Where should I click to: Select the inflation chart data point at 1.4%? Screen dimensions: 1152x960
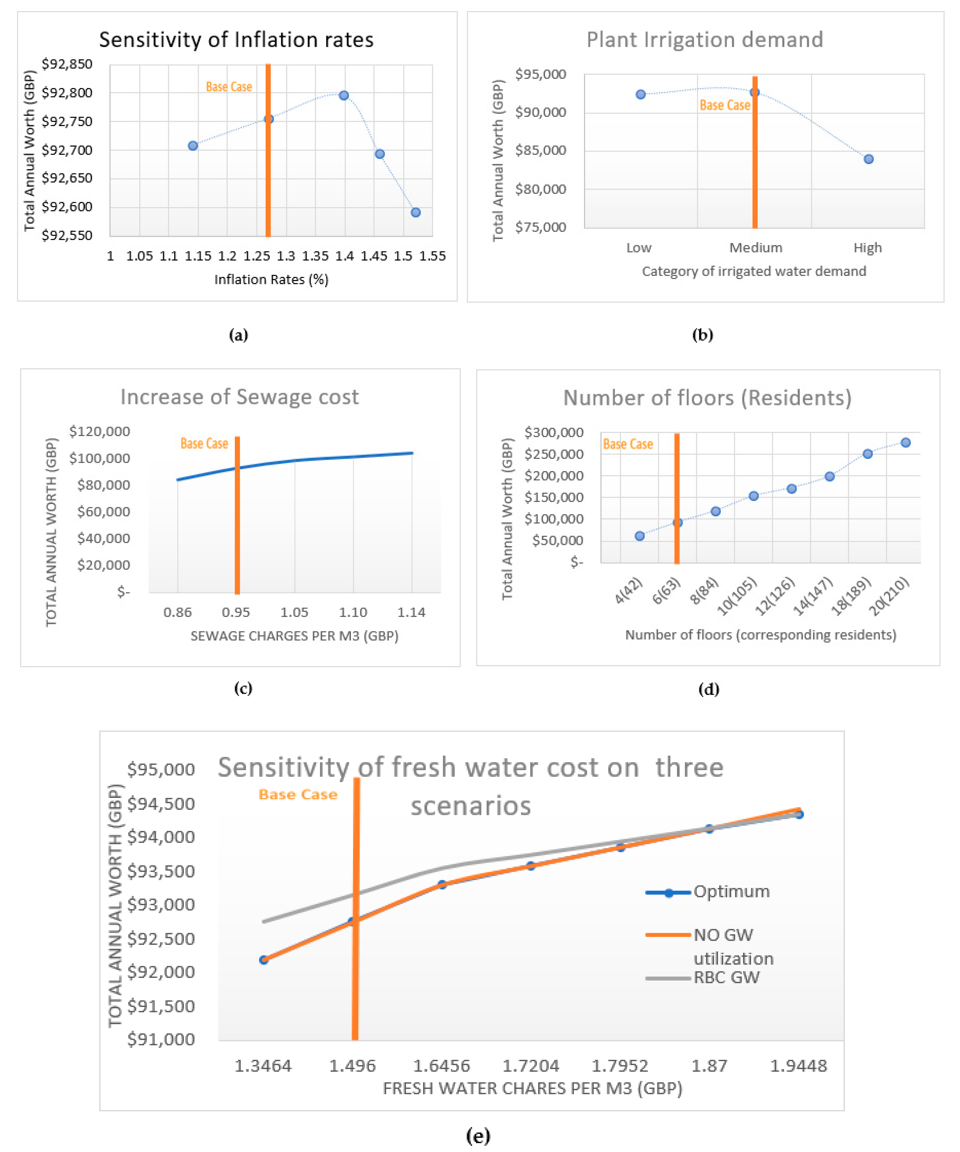(x=344, y=95)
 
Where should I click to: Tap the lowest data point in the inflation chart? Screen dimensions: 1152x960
(x=416, y=212)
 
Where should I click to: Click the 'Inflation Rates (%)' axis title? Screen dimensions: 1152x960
(x=271, y=280)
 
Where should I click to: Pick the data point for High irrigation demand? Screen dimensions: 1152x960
(x=868, y=159)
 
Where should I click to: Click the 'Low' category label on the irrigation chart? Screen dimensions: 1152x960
(x=639, y=248)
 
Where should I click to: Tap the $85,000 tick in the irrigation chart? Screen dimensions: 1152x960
(x=540, y=150)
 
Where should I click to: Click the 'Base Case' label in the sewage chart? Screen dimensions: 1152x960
(x=204, y=443)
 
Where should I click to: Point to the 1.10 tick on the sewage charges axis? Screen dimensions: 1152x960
(x=353, y=612)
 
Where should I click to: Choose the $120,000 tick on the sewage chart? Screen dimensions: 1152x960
(x=99, y=431)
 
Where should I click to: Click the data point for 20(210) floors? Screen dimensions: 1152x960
(x=906, y=443)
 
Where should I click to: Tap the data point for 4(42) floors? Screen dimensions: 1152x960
(x=640, y=536)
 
